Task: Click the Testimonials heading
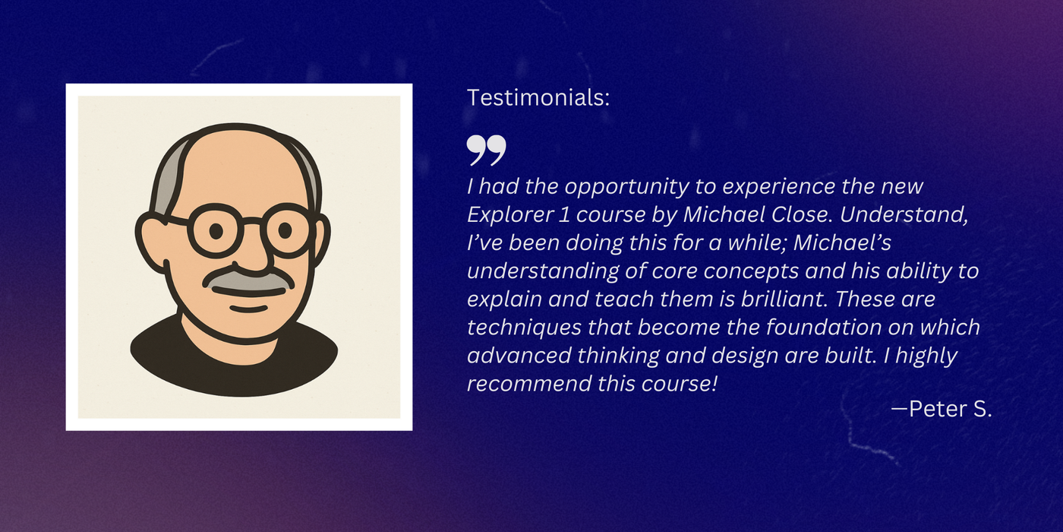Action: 538,98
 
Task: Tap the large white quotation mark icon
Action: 486,150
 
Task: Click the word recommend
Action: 518,384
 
